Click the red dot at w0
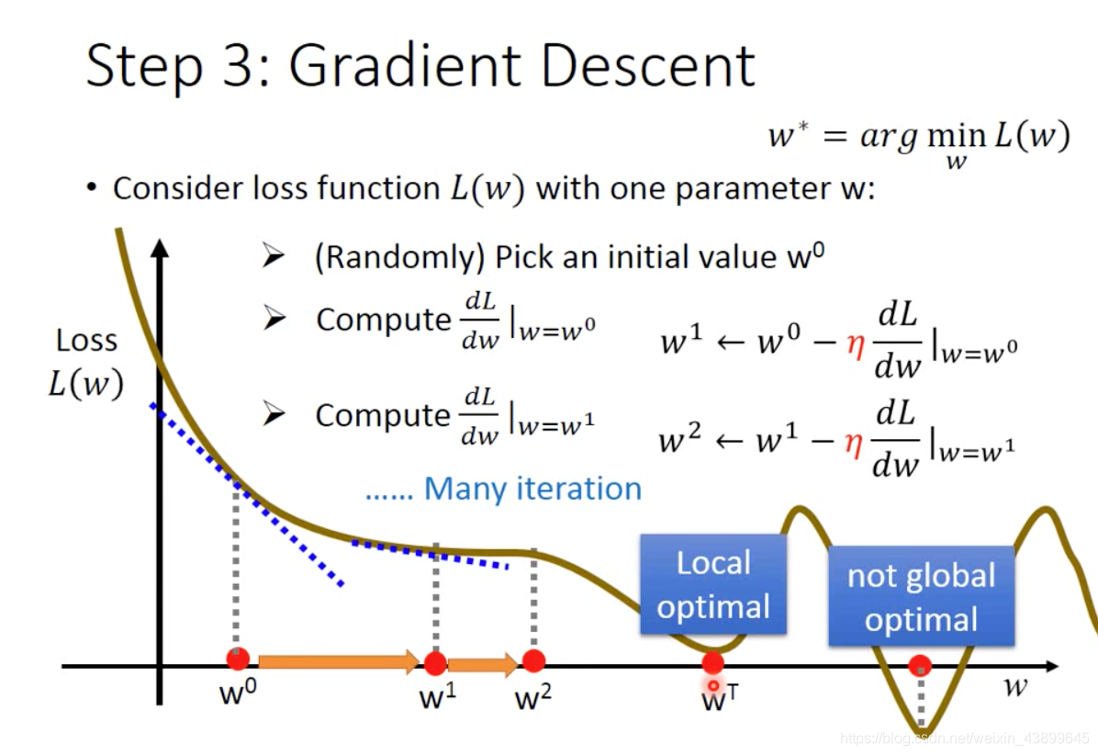(x=238, y=659)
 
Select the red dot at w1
(x=435, y=663)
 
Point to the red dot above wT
(x=712, y=663)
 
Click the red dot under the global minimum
(x=920, y=666)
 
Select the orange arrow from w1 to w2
(x=483, y=664)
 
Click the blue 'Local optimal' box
(x=713, y=584)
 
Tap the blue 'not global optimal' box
(x=921, y=596)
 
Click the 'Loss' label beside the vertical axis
(x=86, y=341)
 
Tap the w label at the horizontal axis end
(x=1014, y=686)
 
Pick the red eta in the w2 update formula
(x=854, y=442)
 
